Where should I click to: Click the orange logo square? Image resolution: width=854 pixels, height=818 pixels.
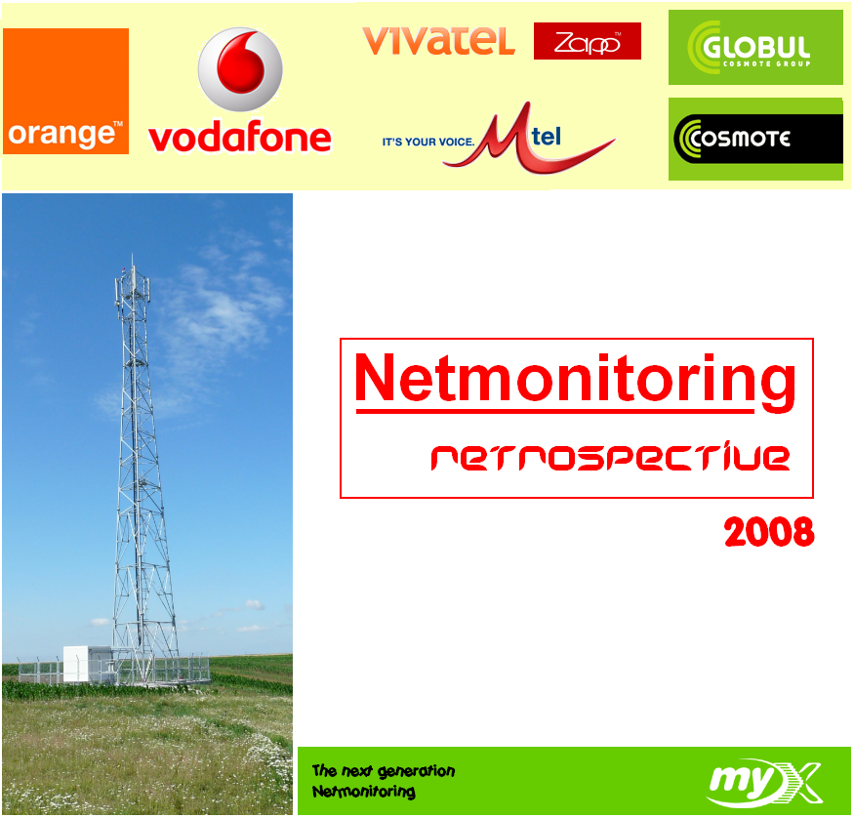click(x=66, y=91)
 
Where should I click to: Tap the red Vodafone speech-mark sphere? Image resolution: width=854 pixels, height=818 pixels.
click(x=240, y=69)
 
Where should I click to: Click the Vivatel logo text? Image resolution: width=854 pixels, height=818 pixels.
click(x=438, y=40)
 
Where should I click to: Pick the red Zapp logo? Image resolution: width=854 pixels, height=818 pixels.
click(x=588, y=41)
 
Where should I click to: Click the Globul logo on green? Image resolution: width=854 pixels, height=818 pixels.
click(x=755, y=48)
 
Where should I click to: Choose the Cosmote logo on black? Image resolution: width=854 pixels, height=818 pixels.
click(x=757, y=139)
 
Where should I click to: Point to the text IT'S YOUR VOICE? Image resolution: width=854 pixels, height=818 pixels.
click(x=428, y=143)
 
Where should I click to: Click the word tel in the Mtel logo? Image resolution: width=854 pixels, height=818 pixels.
click(x=547, y=136)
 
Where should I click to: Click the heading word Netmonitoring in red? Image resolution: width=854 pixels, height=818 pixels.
click(x=575, y=380)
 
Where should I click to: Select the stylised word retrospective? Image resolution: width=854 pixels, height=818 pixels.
click(x=610, y=458)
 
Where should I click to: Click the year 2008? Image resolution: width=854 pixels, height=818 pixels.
click(x=769, y=532)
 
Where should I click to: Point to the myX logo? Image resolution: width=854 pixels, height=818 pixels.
click(x=765, y=784)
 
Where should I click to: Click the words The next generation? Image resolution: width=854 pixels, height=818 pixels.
click(x=384, y=770)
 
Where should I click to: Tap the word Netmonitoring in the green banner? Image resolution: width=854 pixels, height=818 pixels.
click(x=364, y=792)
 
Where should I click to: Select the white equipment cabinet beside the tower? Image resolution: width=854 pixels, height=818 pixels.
click(x=76, y=664)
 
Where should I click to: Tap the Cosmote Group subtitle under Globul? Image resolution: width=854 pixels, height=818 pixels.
click(x=767, y=64)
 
